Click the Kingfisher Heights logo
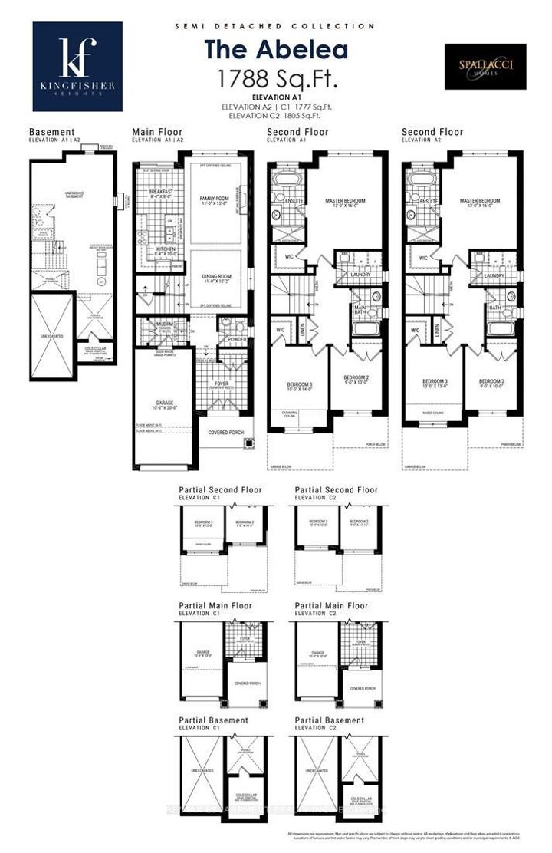[x=77, y=67]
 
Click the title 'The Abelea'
[x=275, y=50]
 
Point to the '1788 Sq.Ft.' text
[x=275, y=77]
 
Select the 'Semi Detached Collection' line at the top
[x=275, y=26]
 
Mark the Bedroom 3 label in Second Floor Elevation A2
[x=435, y=384]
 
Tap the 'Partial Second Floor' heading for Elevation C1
[x=220, y=490]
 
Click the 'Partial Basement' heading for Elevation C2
[x=330, y=720]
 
